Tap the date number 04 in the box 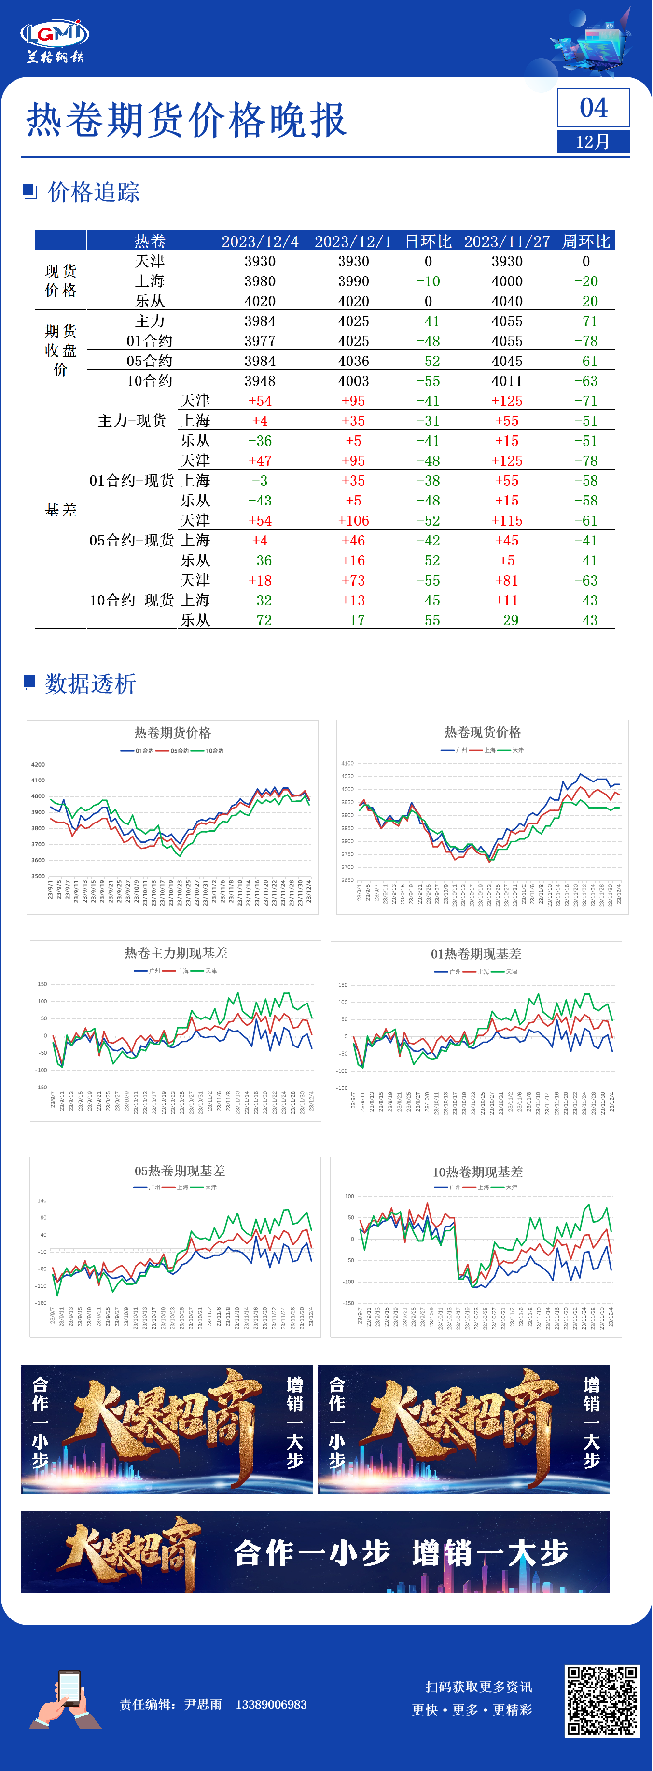point(593,108)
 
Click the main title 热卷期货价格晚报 point(186,120)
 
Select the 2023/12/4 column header point(260,241)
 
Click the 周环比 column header point(585,241)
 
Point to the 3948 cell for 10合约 point(260,381)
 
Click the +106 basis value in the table point(353,520)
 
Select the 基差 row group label point(60,509)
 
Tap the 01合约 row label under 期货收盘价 point(149,341)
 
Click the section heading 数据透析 point(90,683)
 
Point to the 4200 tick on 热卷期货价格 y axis point(38,765)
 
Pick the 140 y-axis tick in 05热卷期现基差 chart point(42,1200)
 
